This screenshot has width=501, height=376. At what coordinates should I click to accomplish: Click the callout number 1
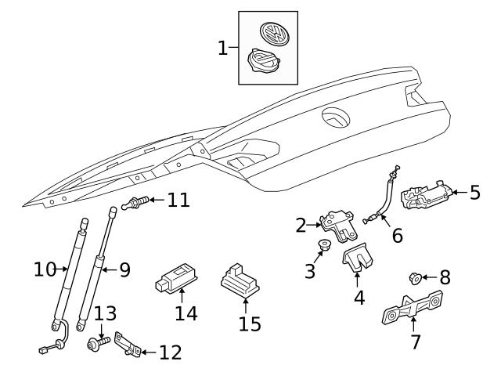pyautogui.click(x=223, y=48)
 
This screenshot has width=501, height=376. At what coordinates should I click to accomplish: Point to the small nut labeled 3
pyautogui.click(x=323, y=249)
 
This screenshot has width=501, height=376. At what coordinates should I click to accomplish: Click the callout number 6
pyautogui.click(x=397, y=234)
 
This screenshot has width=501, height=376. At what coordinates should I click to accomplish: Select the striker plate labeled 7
pyautogui.click(x=413, y=311)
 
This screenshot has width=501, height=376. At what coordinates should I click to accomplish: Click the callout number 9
pyautogui.click(x=124, y=269)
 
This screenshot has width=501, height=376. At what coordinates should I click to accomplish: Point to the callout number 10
pyautogui.click(x=45, y=269)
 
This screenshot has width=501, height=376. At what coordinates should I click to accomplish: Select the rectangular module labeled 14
pyautogui.click(x=177, y=277)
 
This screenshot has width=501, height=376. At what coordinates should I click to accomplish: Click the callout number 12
pyautogui.click(x=169, y=352)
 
